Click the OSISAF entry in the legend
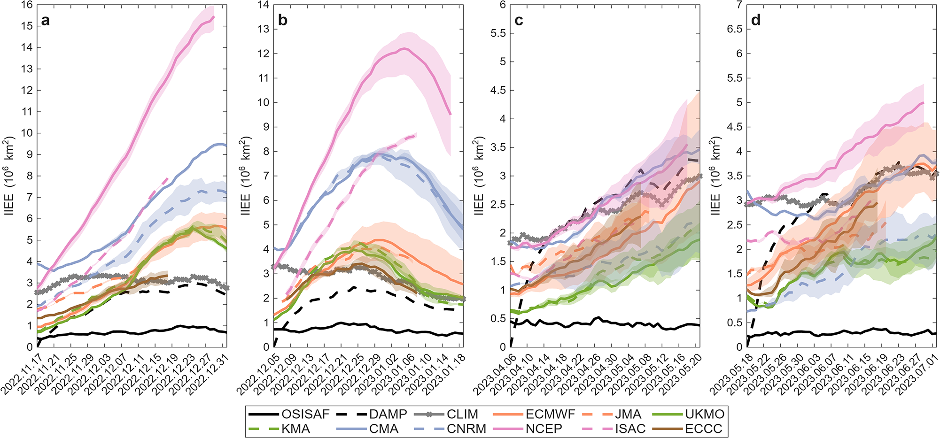pyautogui.click(x=305, y=414)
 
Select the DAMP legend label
pyautogui.click(x=388, y=414)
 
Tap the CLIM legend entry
pyautogui.click(x=462, y=414)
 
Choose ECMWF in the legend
pyautogui.click(x=550, y=414)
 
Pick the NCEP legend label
pyautogui.click(x=544, y=429)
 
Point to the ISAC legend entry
pyautogui.click(x=630, y=429)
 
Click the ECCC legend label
pyautogui.click(x=704, y=429)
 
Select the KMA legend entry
pyautogui.click(x=296, y=429)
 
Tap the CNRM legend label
pyautogui.click(x=466, y=429)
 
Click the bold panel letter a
pyautogui.click(x=45, y=21)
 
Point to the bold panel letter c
pyautogui.click(x=519, y=21)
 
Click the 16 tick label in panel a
pyautogui.click(x=27, y=5)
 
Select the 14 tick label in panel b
pyautogui.click(x=263, y=5)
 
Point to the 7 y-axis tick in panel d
pyautogui.click(x=739, y=5)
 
